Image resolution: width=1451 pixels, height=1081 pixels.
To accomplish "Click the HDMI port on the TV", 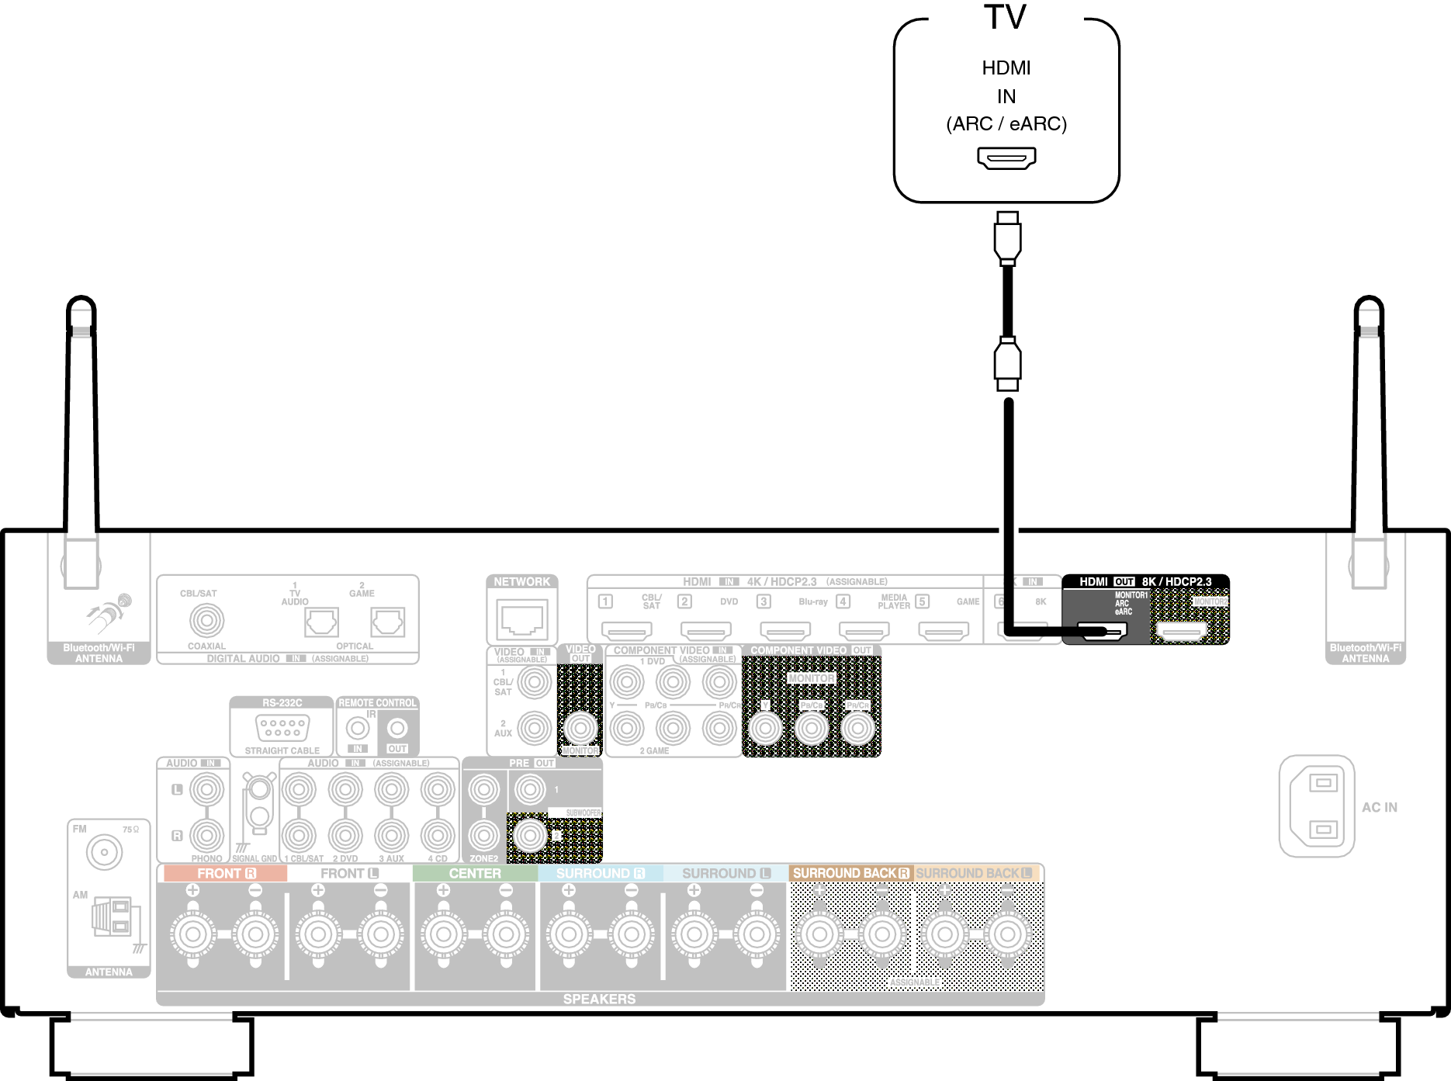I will point(1006,159).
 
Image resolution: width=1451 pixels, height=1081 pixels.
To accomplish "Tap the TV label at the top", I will point(1006,17).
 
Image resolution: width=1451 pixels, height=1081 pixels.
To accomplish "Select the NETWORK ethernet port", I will point(521,618).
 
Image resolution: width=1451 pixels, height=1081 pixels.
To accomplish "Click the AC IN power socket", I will point(1317,806).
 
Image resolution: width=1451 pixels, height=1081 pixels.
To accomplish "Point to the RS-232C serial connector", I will point(282,728).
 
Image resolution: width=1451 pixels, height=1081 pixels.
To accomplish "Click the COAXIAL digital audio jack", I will point(206,620).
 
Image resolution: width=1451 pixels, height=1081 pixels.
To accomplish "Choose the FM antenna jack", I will point(104,853).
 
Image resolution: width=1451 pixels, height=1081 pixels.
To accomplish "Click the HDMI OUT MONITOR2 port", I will point(1182,632).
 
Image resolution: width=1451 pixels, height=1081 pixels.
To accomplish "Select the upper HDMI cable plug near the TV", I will point(1007,237).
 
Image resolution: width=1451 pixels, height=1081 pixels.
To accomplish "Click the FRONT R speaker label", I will point(226,874).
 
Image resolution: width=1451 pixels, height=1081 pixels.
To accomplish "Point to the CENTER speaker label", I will point(475,874).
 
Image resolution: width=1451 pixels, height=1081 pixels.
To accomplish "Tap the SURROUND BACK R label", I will point(850,874).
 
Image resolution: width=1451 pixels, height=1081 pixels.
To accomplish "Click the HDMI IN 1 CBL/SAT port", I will point(626,631).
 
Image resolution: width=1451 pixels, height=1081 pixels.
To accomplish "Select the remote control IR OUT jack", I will point(397,728).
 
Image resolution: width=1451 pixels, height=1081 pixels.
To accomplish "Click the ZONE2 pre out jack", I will point(483,836).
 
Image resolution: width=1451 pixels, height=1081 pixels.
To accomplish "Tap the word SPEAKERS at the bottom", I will point(599,999).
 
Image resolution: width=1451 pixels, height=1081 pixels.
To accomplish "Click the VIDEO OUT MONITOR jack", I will point(580,728).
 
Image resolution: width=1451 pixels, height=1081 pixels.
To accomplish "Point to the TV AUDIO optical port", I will point(321,622).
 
